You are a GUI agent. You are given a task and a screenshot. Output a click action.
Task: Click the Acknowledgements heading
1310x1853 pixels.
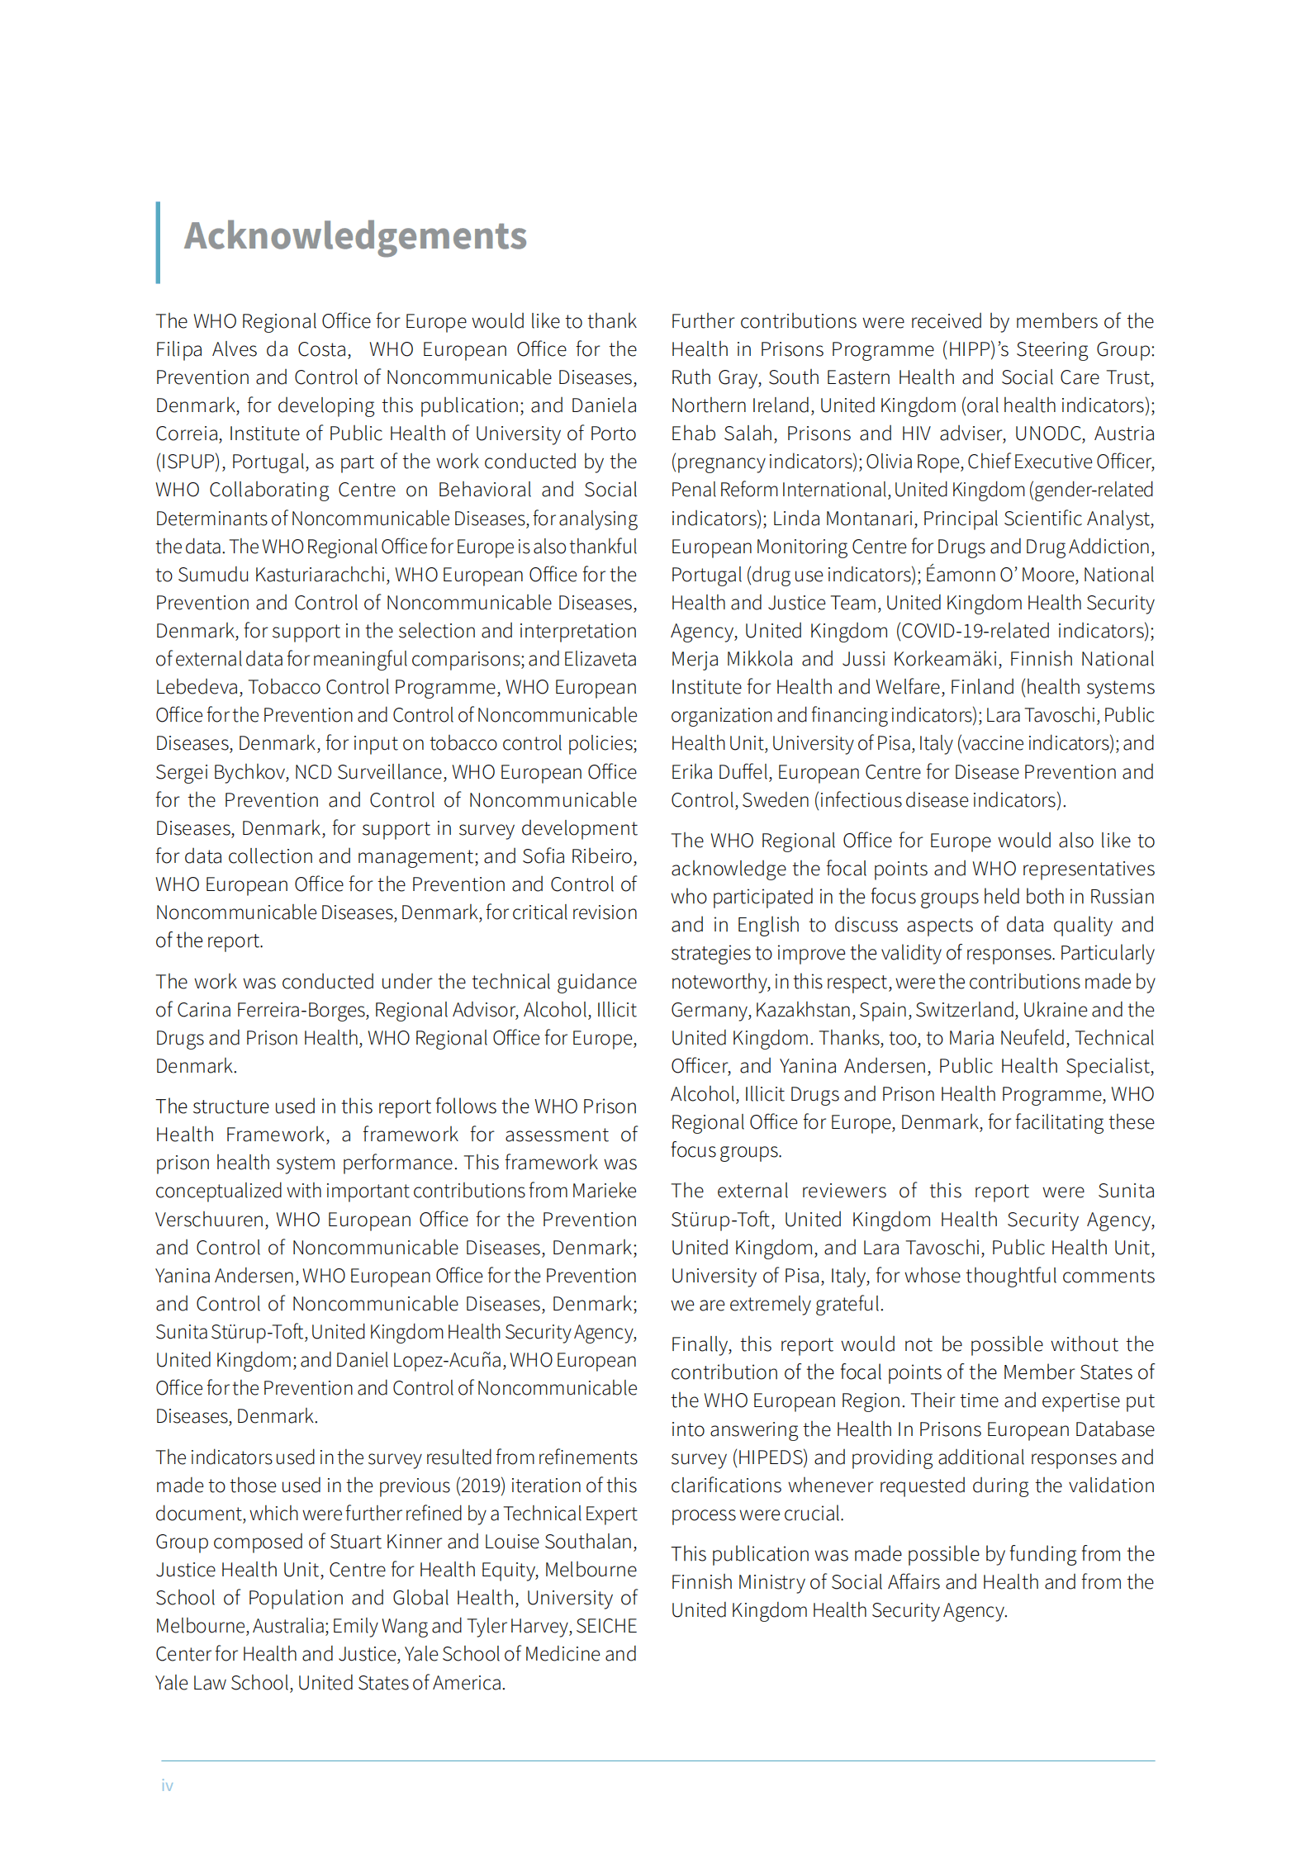[x=355, y=236]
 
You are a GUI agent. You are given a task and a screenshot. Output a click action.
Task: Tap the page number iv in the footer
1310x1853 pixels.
[x=167, y=1785]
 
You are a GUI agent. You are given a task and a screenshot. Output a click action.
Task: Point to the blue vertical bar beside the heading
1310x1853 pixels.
[x=158, y=243]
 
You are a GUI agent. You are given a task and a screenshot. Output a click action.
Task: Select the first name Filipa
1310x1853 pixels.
[x=178, y=349]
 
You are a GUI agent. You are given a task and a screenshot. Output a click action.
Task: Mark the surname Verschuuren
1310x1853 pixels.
[x=210, y=1220]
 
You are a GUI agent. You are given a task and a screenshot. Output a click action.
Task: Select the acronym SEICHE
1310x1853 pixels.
[x=606, y=1626]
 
